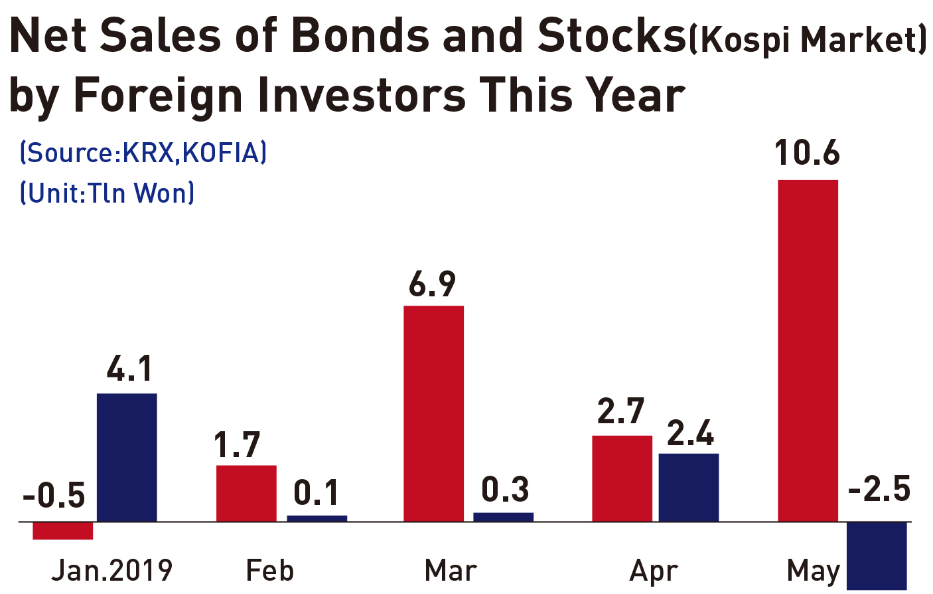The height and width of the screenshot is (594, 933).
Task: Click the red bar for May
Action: pyautogui.click(x=808, y=350)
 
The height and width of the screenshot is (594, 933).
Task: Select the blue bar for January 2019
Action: pyautogui.click(x=127, y=457)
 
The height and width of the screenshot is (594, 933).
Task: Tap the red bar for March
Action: pyautogui.click(x=433, y=413)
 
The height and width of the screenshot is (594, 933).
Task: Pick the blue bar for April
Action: pyautogui.click(x=689, y=487)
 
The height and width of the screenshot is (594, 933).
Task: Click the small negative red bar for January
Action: pyautogui.click(x=62, y=531)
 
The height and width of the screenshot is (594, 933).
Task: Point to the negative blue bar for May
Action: pyautogui.click(x=877, y=555)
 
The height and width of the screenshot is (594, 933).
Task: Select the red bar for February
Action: pyautogui.click(x=246, y=493)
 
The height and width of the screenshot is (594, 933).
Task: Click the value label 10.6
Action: pyautogui.click(x=807, y=153)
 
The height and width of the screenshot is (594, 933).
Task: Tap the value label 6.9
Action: pyautogui.click(x=432, y=284)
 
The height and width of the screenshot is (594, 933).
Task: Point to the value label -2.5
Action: pyautogui.click(x=879, y=488)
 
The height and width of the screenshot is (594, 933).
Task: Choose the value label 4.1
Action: pyautogui.click(x=129, y=369)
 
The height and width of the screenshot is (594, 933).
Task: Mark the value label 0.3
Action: pyautogui.click(x=505, y=489)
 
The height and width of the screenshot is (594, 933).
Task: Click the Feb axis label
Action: pyautogui.click(x=270, y=570)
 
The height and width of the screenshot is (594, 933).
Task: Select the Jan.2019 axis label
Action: pyautogui.click(x=111, y=570)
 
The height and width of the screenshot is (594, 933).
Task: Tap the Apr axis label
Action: pyautogui.click(x=654, y=572)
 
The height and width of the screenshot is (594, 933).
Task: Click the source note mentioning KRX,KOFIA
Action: pyautogui.click(x=143, y=153)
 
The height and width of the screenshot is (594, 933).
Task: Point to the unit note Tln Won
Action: pyautogui.click(x=107, y=193)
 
